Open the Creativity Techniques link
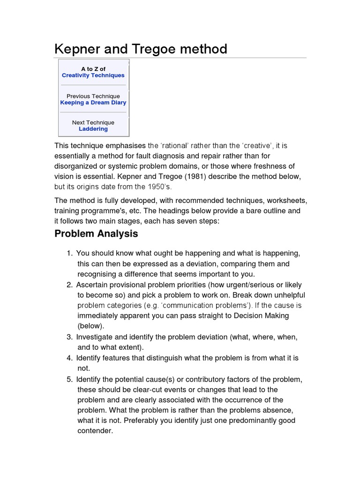pyautogui.click(x=93, y=75)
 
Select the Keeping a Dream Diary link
pyautogui.click(x=93, y=103)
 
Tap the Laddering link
pyautogui.click(x=93, y=129)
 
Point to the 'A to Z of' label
pyautogui.click(x=93, y=69)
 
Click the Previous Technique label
pyautogui.click(x=93, y=96)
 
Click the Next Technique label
pyautogui.click(x=93, y=122)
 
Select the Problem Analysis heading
pyautogui.click(x=96, y=233)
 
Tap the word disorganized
pyautogui.click(x=77, y=166)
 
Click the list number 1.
pyautogui.click(x=69, y=254)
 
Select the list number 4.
pyautogui.click(x=69, y=358)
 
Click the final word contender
pyautogui.click(x=95, y=431)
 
